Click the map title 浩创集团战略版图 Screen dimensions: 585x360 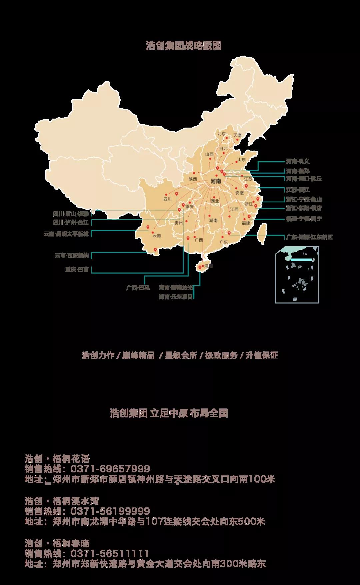pos(184,46)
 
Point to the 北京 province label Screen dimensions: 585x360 pos(222,134)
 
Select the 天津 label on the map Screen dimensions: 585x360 pos(237,135)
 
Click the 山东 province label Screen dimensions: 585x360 pos(241,160)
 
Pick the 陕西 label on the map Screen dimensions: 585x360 pos(193,179)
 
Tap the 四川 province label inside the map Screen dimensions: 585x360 pos(167,199)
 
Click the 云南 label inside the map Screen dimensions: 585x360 pos(157,236)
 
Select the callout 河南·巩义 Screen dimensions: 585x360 pos(298,161)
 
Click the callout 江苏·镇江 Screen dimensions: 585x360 pos(298,190)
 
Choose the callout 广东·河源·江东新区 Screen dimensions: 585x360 pos(309,237)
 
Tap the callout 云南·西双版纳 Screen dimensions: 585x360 pos(72,256)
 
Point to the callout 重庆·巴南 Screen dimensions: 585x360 pos(77,269)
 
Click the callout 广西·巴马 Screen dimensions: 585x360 pos(138,288)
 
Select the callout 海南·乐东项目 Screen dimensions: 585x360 pos(176,297)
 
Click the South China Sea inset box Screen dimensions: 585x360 pos(297,275)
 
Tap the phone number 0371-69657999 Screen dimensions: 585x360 pos(110,469)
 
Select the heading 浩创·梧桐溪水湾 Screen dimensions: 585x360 pos(62,501)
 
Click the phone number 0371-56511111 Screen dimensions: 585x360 pos(110,554)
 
